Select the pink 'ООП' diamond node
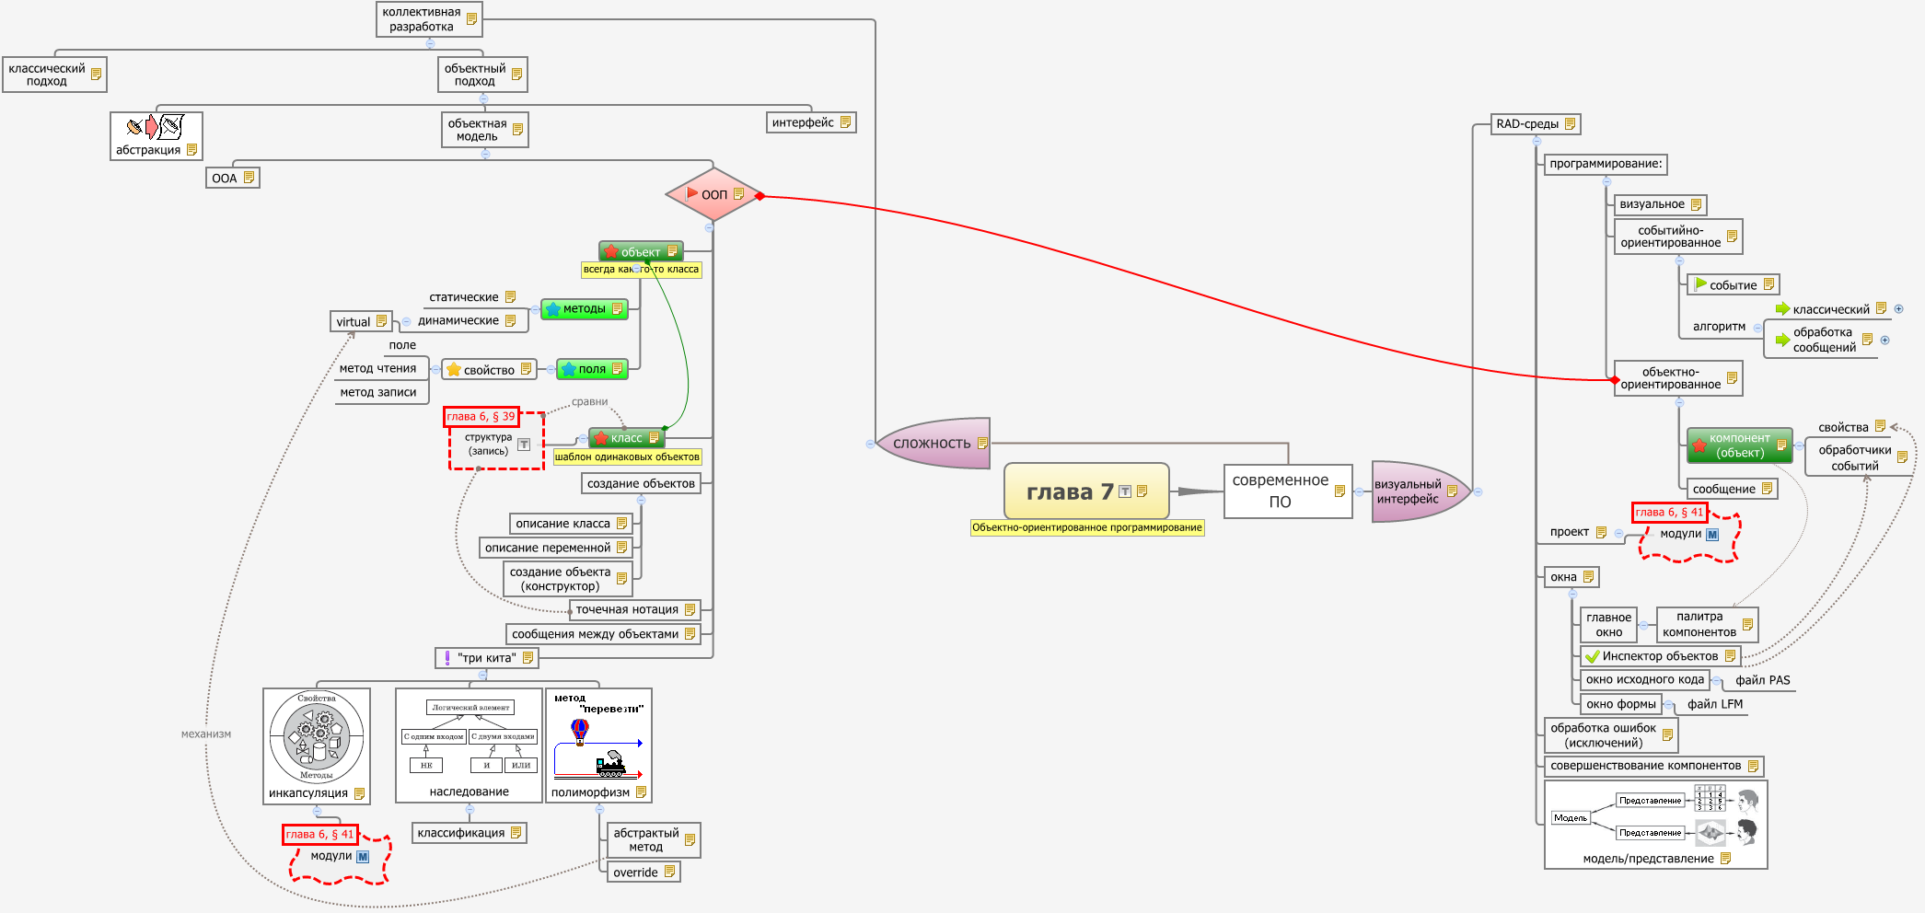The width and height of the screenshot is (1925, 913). [713, 194]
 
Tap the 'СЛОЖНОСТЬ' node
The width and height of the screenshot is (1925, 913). [932, 444]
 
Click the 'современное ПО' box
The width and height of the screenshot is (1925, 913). [1281, 491]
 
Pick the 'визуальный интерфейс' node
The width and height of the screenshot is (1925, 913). [1409, 491]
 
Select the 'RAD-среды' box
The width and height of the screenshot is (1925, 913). [1528, 124]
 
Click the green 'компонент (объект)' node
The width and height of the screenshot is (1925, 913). [1738, 445]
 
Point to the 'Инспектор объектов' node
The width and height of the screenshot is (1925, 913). [1659, 656]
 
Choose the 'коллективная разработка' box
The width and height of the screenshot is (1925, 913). [422, 19]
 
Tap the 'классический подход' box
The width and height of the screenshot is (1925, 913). [47, 75]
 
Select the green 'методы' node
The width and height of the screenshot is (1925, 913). [584, 309]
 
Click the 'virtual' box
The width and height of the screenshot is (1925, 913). [354, 322]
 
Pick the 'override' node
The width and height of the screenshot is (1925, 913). [636, 873]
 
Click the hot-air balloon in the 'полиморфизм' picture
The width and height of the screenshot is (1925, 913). [580, 730]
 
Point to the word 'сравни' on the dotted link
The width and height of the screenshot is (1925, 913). [589, 401]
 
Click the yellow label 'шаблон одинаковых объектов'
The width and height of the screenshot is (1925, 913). [627, 457]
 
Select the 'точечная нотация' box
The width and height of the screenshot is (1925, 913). [627, 609]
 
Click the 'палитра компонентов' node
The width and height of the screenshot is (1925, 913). [1699, 624]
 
